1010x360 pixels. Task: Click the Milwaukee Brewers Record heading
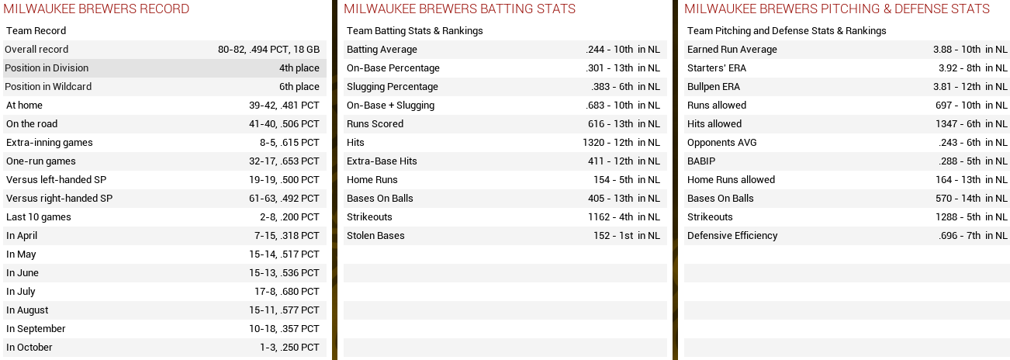[96, 9]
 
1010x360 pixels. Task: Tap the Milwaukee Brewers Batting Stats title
[459, 9]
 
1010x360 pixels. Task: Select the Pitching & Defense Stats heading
[836, 9]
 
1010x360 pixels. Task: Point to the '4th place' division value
[299, 68]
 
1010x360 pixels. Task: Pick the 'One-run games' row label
[41, 161]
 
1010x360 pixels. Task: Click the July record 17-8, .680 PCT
[286, 292]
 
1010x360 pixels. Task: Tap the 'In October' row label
[29, 348]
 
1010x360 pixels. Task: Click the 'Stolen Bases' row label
[375, 236]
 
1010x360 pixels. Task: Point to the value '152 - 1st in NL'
[626, 236]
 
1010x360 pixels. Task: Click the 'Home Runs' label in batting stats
[372, 180]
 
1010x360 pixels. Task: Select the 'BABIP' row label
[700, 161]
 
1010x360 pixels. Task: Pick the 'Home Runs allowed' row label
[731, 180]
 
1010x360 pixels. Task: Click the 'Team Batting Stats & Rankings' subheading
[415, 31]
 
